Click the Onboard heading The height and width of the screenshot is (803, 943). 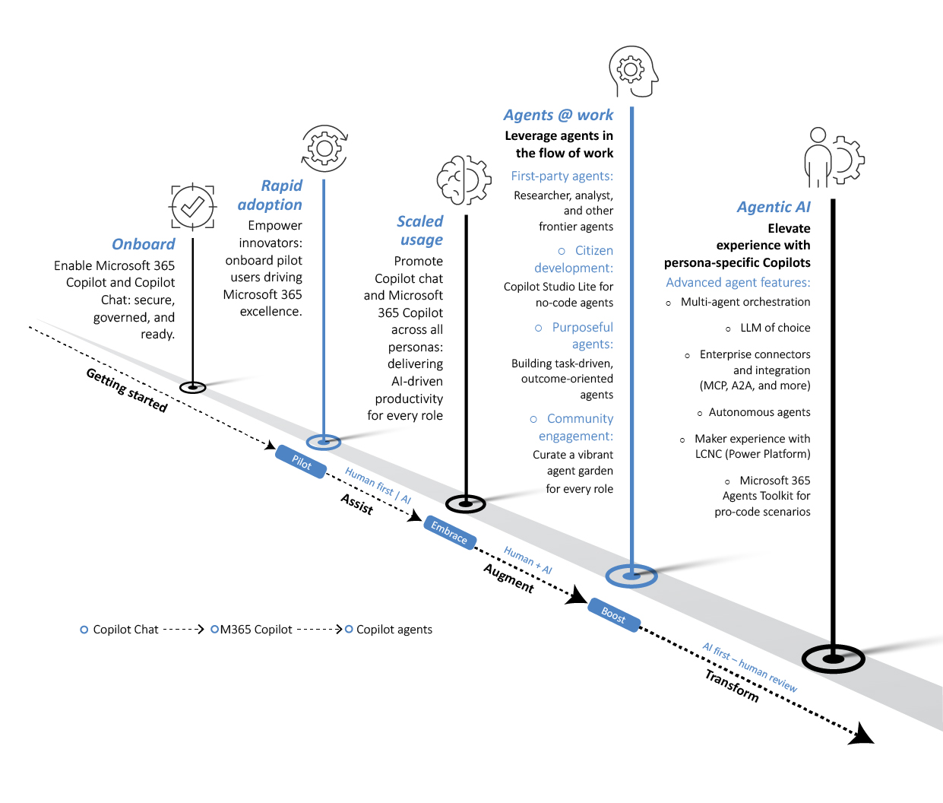pyautogui.click(x=143, y=244)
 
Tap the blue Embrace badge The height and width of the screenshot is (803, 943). pyautogui.click(x=449, y=532)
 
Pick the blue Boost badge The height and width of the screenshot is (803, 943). pyautogui.click(x=613, y=614)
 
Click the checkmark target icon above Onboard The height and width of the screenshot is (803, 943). pyautogui.click(x=192, y=206)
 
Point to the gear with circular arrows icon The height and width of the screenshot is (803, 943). pyautogui.click(x=324, y=148)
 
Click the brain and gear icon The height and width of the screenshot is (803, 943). pyautogui.click(x=463, y=181)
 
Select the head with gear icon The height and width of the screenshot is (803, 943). pyautogui.click(x=632, y=71)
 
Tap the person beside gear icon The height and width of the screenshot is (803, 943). pyautogui.click(x=834, y=158)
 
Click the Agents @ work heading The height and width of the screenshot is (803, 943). pyautogui.click(x=558, y=115)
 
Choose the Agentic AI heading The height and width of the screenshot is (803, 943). pyautogui.click(x=773, y=207)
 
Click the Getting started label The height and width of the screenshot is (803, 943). pyautogui.click(x=126, y=390)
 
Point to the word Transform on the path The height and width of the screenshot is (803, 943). pyautogui.click(x=732, y=686)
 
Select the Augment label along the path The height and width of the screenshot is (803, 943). pyautogui.click(x=509, y=579)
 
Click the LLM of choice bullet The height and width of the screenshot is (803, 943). pyautogui.click(x=774, y=328)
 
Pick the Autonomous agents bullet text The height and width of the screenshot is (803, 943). pyautogui.click(x=759, y=412)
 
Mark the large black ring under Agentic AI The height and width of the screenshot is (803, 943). pyautogui.click(x=833, y=659)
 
